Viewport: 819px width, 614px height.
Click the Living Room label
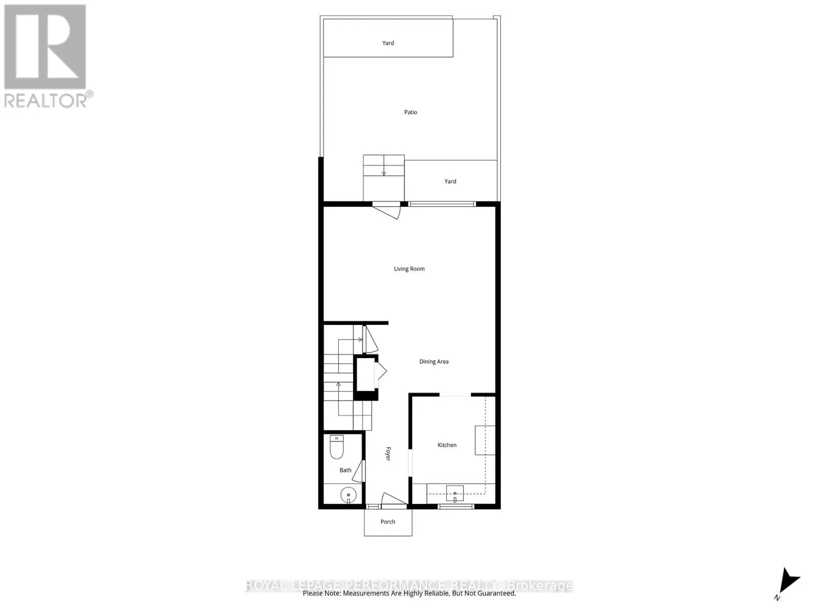click(409, 269)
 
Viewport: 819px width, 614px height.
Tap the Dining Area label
click(434, 361)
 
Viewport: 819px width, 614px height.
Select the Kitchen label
click(446, 445)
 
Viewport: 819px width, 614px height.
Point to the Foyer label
click(388, 454)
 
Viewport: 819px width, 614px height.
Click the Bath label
click(346, 470)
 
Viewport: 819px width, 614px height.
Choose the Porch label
click(387, 522)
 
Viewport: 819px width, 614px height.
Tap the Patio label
click(411, 112)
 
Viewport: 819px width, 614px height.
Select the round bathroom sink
click(348, 495)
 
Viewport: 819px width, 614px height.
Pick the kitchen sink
click(455, 493)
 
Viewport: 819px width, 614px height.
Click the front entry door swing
click(393, 499)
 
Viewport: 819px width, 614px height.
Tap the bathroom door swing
click(359, 471)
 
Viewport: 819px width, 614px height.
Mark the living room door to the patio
click(387, 209)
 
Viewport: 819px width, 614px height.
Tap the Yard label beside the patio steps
click(450, 181)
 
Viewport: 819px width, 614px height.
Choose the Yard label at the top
click(388, 43)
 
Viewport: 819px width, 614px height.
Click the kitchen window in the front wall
click(456, 507)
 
